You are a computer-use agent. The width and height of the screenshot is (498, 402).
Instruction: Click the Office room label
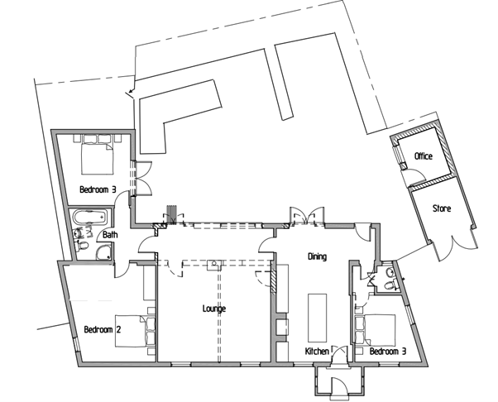click(x=424, y=156)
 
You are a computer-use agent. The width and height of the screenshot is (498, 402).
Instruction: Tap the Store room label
click(x=441, y=208)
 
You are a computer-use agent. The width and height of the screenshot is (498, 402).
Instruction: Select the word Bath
click(x=111, y=235)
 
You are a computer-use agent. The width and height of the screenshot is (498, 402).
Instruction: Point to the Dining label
click(x=318, y=256)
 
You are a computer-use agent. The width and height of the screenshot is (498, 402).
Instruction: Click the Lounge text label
click(x=214, y=309)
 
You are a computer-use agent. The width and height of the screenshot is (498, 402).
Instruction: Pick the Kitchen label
click(x=318, y=352)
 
